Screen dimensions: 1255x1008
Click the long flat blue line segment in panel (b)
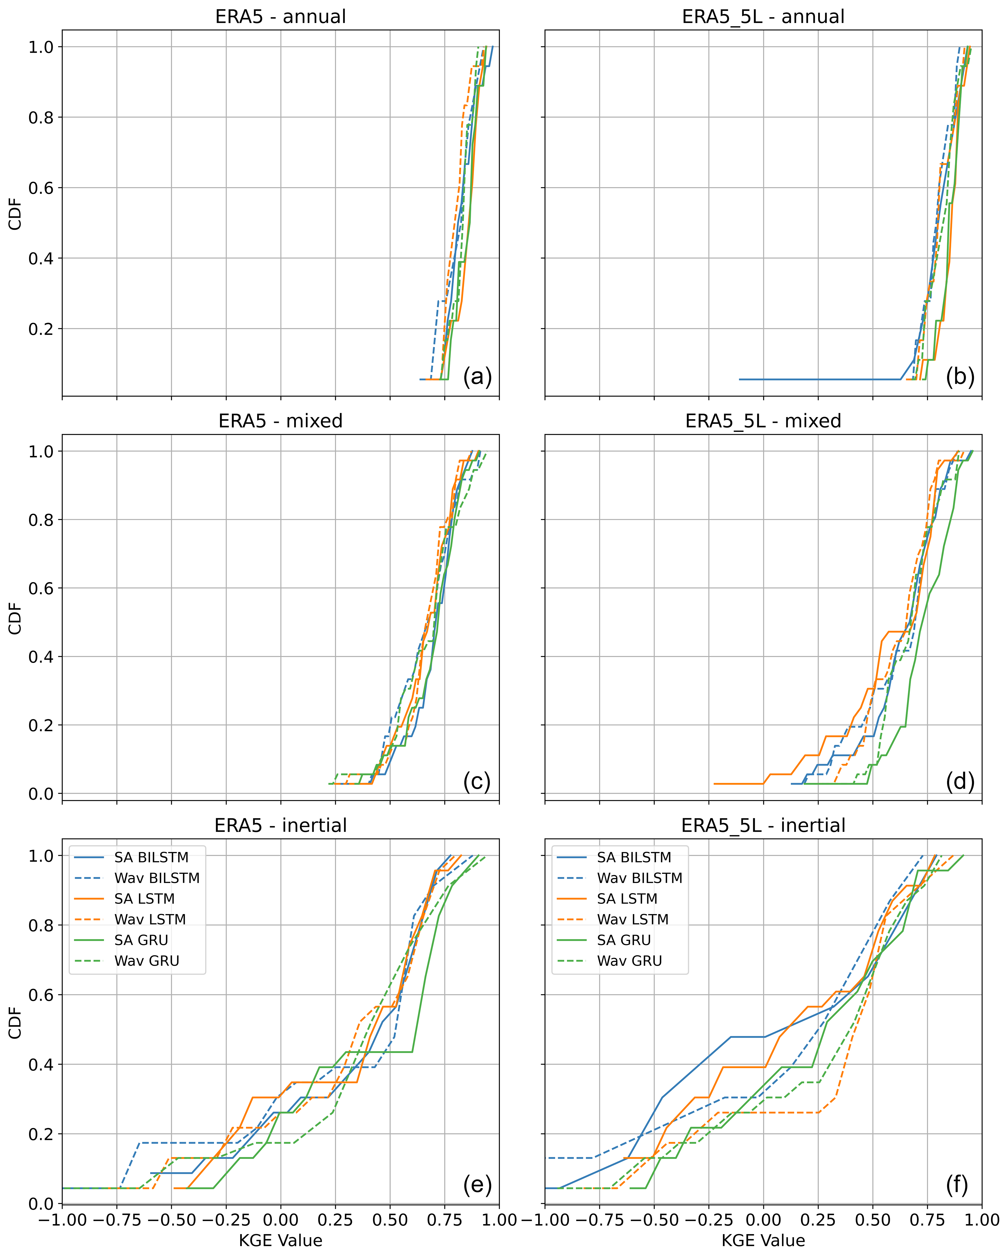coord(821,379)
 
